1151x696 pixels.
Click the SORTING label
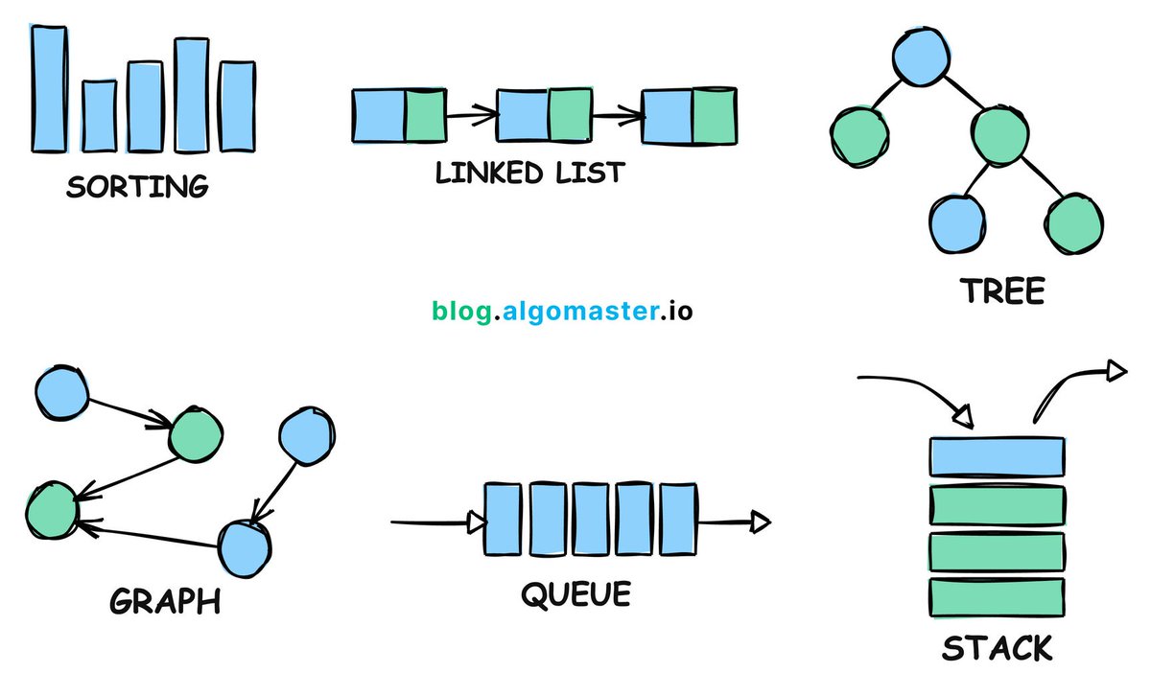coord(137,185)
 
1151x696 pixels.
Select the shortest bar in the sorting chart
coord(98,115)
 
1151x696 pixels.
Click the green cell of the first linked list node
coord(425,116)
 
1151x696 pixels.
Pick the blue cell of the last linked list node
coord(667,116)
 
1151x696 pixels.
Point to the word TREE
coord(1003,290)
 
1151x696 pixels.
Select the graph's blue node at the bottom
coord(247,548)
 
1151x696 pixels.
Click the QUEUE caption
coord(575,594)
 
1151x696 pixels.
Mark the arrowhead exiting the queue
coord(760,522)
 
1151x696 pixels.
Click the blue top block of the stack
coord(997,456)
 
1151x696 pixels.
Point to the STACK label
coord(997,649)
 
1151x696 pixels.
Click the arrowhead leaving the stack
coord(1116,370)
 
